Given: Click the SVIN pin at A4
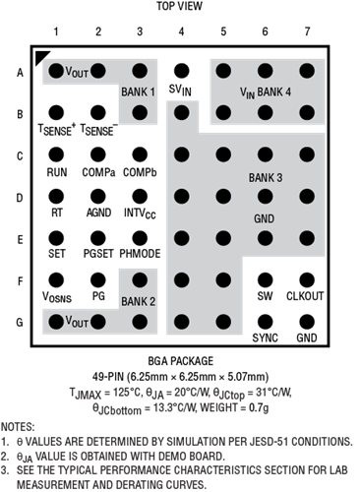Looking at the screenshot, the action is (181, 71).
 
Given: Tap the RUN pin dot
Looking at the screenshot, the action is (56, 154).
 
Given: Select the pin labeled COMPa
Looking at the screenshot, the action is (97, 154).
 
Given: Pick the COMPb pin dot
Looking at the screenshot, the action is (140, 154).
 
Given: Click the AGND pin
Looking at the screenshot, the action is (97, 197).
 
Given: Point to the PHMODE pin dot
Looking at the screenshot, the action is (140, 238).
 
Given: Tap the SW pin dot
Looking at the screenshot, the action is (265, 280).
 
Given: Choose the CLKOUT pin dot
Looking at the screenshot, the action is (307, 280).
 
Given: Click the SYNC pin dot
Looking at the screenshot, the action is (265, 322).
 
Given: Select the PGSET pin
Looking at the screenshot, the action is (97, 238).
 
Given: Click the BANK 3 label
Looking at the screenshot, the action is (266, 178).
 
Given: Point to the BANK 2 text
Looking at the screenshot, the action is (138, 301).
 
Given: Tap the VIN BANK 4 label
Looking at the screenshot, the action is (266, 92).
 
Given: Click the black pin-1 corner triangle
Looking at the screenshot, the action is (40, 56).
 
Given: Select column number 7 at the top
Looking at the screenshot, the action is (307, 31).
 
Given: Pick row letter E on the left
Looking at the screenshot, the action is (20, 240).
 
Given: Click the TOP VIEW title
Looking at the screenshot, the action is (179, 6).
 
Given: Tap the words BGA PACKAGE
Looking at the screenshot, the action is (181, 361).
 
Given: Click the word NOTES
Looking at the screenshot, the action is (18, 427).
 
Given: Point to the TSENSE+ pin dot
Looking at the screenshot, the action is (56, 112).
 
